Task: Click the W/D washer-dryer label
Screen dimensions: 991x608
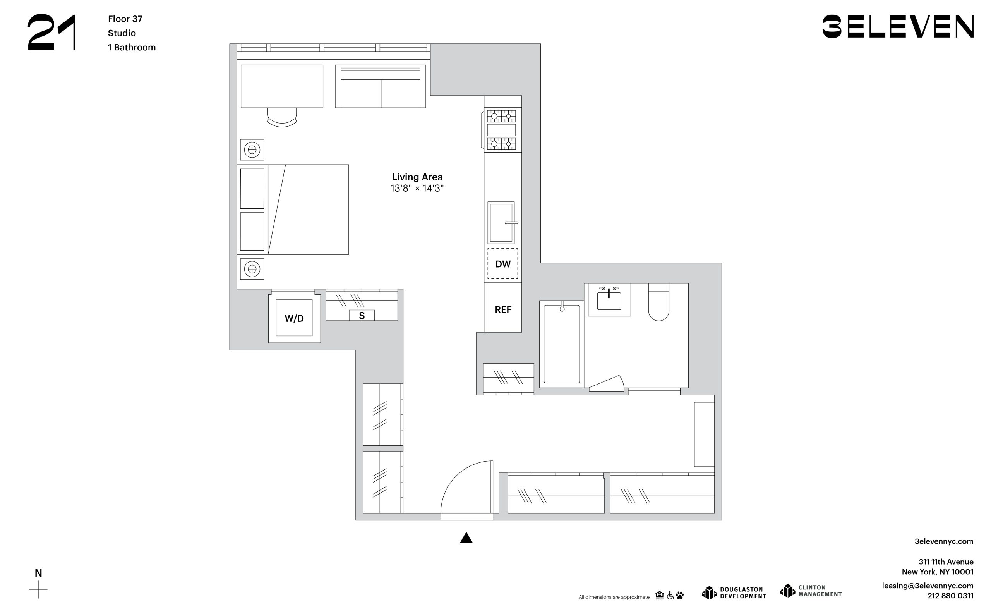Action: pyautogui.click(x=294, y=318)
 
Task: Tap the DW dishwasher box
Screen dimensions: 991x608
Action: pyautogui.click(x=503, y=264)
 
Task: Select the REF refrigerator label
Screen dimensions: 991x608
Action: pyautogui.click(x=503, y=309)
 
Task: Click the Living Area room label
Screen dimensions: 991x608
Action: pyautogui.click(x=417, y=177)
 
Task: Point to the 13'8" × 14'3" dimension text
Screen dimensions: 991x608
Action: pyautogui.click(x=417, y=188)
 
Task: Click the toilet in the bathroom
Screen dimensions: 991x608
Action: pyautogui.click(x=658, y=302)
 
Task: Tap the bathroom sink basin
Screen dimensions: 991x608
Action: pyautogui.click(x=609, y=301)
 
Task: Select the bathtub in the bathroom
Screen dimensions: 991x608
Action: pyautogui.click(x=561, y=344)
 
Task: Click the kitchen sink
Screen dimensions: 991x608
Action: pyautogui.click(x=501, y=223)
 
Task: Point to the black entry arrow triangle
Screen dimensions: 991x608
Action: pyautogui.click(x=466, y=538)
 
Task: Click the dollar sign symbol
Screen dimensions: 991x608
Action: pyautogui.click(x=362, y=316)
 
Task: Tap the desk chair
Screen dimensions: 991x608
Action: pyautogui.click(x=282, y=117)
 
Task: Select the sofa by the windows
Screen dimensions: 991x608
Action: pyautogui.click(x=381, y=86)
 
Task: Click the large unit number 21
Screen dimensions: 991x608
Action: pyautogui.click(x=52, y=32)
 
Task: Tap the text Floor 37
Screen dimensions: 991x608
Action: pyautogui.click(x=125, y=19)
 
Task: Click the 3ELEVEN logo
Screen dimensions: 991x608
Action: pyautogui.click(x=898, y=27)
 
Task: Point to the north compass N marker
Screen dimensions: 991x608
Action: pyautogui.click(x=38, y=573)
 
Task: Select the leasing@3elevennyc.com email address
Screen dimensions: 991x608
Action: pyautogui.click(x=928, y=586)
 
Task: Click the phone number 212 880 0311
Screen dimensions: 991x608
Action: pyautogui.click(x=950, y=596)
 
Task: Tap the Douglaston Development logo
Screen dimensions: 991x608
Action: pyautogui.click(x=734, y=593)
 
